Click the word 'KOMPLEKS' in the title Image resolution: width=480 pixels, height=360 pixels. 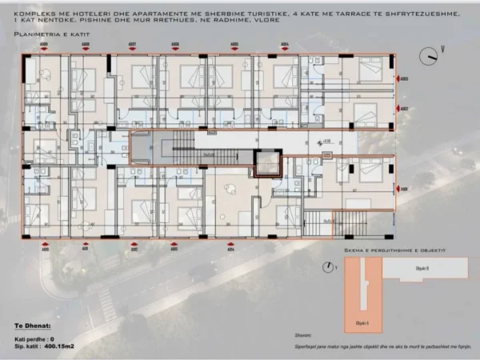[x=31, y=14]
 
